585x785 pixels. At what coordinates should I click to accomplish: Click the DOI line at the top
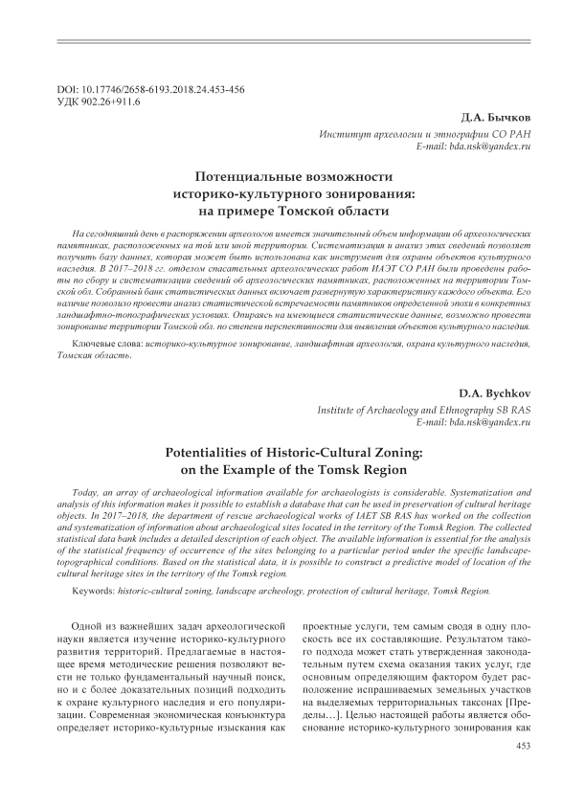pyautogui.click(x=151, y=89)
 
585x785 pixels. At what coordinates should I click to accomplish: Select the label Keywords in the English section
pyautogui.click(x=99, y=593)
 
